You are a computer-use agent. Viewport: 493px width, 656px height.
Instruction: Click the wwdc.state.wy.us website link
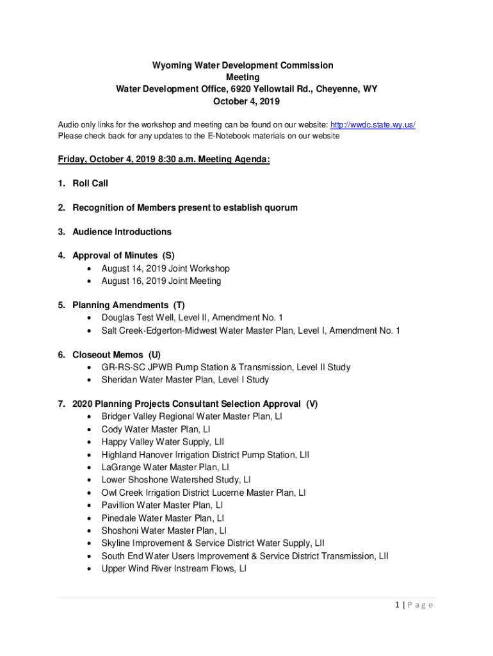pos(373,124)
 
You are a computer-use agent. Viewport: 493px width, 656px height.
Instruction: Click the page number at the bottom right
pos(413,605)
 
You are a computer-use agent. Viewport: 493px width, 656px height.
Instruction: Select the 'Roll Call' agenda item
pos(90,183)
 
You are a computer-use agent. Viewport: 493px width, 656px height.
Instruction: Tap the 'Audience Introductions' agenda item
pos(122,231)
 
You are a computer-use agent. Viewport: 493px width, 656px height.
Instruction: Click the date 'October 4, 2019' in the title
pos(246,101)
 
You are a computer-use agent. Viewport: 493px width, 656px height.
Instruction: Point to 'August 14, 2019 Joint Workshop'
pos(165,268)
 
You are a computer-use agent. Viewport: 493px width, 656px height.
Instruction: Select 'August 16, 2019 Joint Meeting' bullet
pos(161,281)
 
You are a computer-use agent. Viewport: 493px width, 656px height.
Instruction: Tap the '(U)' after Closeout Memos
pos(154,354)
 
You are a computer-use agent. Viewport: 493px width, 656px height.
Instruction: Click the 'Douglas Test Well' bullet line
pos(192,317)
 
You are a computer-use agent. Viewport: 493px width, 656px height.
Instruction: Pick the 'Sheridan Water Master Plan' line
pos(185,379)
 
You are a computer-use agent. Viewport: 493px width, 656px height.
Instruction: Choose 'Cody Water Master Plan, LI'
pos(156,429)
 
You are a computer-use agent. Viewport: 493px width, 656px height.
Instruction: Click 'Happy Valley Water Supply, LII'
pos(163,442)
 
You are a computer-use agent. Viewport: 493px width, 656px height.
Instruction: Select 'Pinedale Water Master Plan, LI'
pos(163,518)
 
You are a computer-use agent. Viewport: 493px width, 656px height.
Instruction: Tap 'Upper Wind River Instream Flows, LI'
pos(174,568)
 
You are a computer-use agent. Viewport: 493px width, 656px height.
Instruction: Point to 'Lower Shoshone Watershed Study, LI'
pos(176,480)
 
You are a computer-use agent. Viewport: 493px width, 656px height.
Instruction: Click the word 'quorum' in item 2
pos(279,208)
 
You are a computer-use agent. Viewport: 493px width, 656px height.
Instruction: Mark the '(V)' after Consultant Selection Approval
pos(311,404)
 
